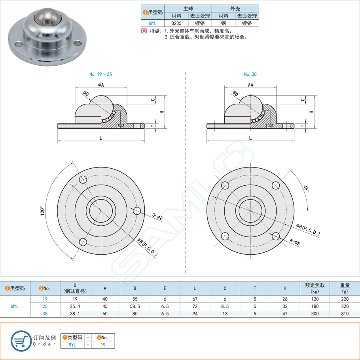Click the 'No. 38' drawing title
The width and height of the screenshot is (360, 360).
250,74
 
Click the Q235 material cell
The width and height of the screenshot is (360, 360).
176,23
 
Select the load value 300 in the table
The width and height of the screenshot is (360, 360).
315,313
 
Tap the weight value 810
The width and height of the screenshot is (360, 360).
345,313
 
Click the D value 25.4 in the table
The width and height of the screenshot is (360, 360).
75,306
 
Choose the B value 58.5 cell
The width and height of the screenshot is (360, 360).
135,306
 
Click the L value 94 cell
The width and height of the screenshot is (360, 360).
195,313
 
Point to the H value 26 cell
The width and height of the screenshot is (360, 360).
285,299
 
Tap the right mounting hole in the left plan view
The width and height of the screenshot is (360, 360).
136,210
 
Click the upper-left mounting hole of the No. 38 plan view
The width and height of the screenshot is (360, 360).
225,185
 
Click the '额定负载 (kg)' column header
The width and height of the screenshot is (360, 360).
315,288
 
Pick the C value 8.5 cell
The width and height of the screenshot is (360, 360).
225,306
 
